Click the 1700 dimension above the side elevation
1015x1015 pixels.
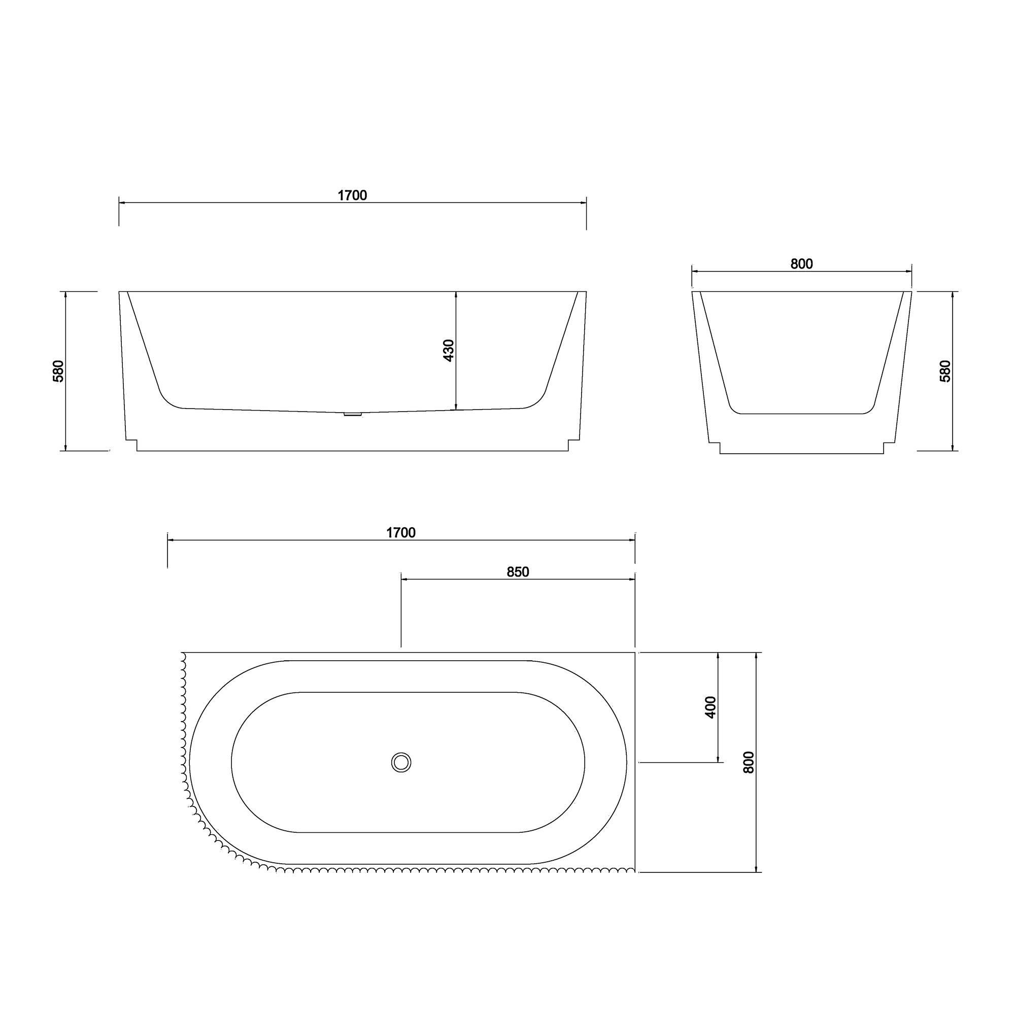[352, 195]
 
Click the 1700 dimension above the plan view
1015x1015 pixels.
[401, 533]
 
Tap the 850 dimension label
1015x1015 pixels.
[518, 572]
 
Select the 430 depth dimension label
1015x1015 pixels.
[448, 350]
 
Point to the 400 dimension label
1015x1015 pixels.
[710, 707]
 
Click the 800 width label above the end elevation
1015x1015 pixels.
[802, 264]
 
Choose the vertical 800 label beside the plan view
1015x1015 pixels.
[749, 762]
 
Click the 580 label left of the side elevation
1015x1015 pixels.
[58, 371]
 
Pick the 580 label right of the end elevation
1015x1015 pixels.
[944, 371]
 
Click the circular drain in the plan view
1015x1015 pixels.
[401, 762]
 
